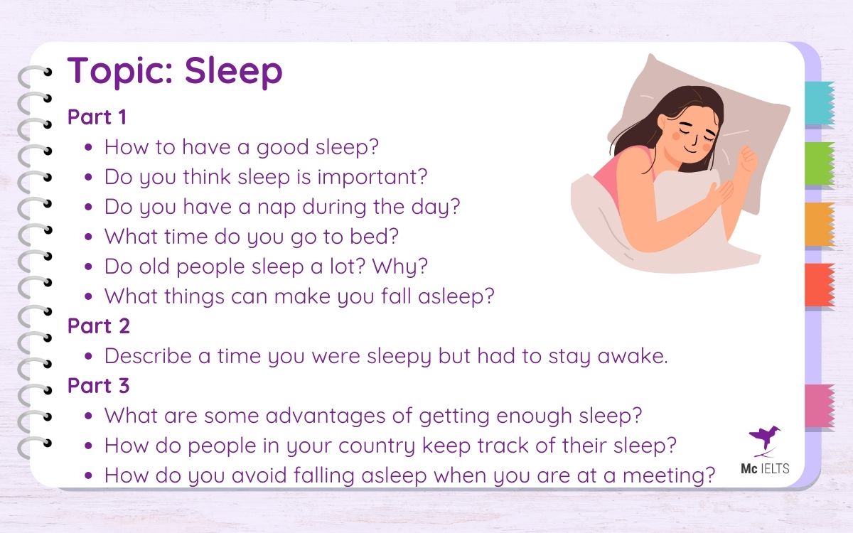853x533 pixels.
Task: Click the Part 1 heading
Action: coord(97,117)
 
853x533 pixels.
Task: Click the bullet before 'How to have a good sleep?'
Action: coord(88,148)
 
